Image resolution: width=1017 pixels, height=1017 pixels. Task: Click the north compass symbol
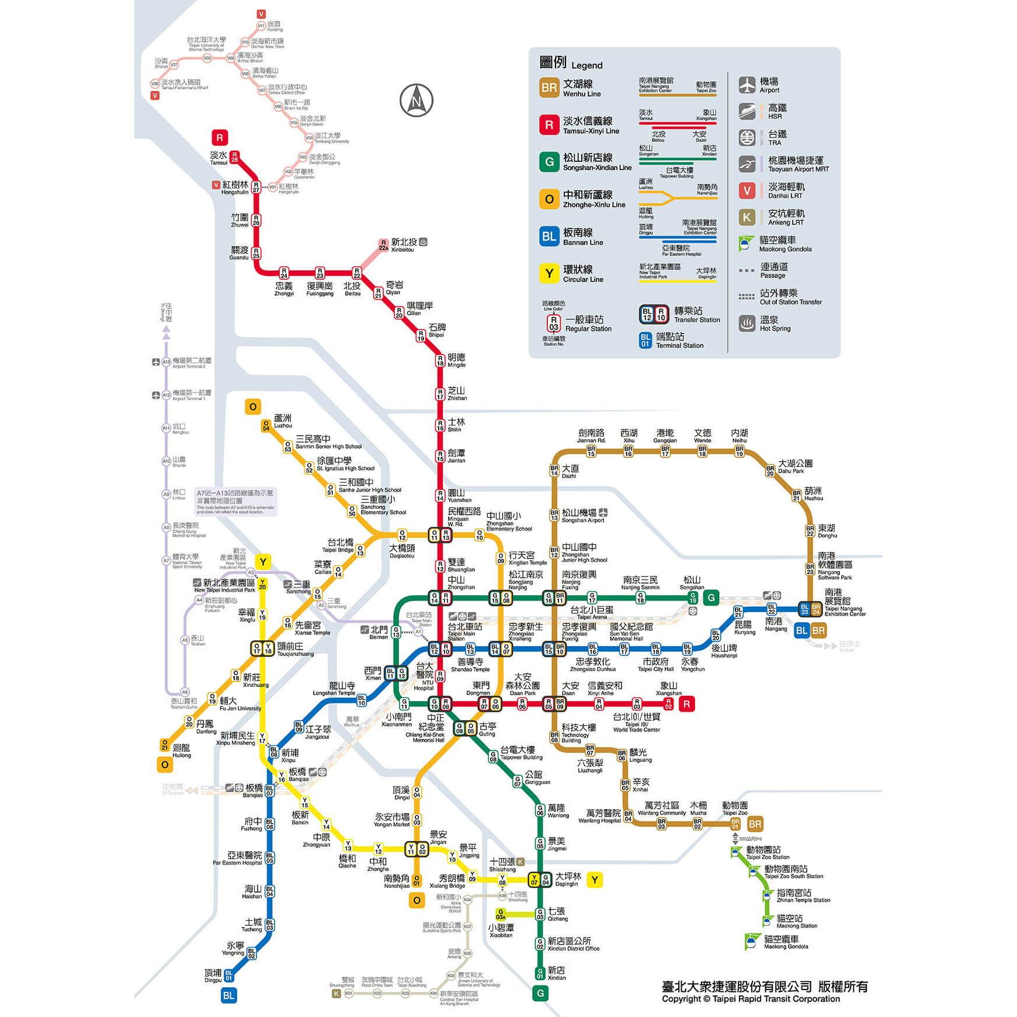(416, 100)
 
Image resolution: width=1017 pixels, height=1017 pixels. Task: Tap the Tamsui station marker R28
(234, 157)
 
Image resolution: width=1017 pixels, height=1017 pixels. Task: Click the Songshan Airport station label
(582, 516)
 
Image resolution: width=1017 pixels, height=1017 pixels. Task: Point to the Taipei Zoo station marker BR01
(735, 824)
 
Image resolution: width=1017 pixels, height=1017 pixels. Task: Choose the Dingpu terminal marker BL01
(228, 975)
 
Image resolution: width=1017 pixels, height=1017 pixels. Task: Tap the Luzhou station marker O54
(266, 426)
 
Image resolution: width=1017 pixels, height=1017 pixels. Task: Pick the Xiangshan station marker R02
(668, 704)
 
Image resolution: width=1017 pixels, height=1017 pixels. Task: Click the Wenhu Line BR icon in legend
(549, 88)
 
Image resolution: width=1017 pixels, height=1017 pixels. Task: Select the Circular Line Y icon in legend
(549, 273)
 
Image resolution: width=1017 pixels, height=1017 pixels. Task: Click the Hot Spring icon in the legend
(747, 323)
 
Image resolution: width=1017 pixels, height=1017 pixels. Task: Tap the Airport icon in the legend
(747, 85)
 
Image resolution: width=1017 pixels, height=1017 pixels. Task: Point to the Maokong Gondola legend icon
(746, 244)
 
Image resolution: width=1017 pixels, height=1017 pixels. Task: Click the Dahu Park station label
(794, 466)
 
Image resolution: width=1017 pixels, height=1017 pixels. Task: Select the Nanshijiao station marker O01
(416, 880)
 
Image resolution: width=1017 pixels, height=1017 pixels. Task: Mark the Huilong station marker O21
(165, 745)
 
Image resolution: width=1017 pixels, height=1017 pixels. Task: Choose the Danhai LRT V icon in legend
(747, 190)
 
